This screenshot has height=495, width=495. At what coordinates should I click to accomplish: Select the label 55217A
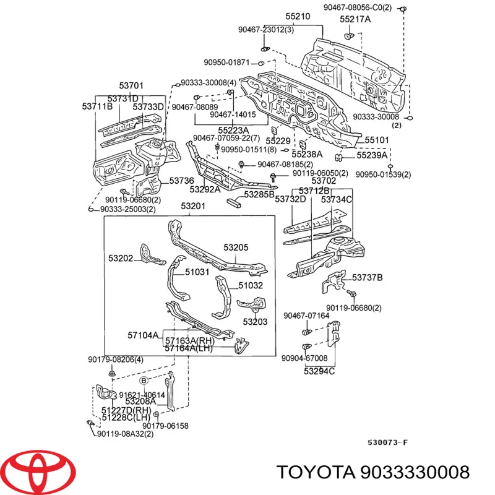355,19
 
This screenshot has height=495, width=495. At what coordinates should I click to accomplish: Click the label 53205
236,247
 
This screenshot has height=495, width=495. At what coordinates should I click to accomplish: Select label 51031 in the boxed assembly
197,272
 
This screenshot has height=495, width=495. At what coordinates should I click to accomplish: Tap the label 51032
250,285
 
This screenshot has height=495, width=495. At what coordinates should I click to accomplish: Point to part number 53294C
319,371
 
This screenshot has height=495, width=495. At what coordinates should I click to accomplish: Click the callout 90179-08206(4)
115,359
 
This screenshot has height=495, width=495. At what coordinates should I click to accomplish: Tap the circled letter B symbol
144,380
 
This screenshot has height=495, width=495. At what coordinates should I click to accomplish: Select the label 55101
376,140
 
